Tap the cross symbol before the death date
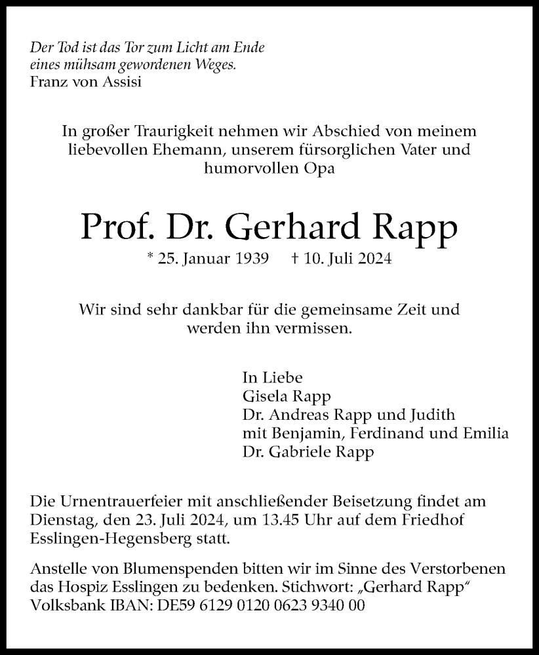(295, 259)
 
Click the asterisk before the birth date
(151, 257)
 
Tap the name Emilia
(486, 434)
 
